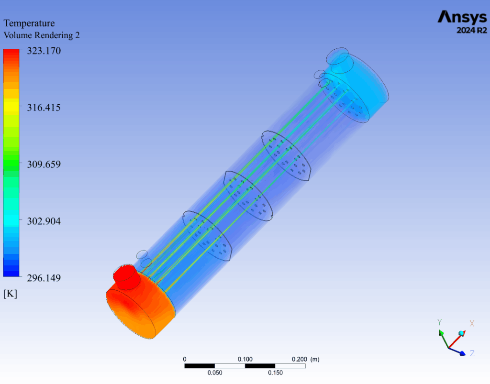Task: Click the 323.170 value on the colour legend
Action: tap(44, 51)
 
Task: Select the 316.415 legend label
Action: tap(44, 108)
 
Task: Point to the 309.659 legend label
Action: tap(44, 164)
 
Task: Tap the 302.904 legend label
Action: tap(44, 221)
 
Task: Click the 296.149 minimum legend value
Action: tap(44, 278)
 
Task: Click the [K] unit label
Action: tap(10, 294)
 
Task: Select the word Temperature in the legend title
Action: tap(29, 23)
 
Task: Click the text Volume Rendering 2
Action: tap(42, 35)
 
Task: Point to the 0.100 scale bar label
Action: tap(245, 359)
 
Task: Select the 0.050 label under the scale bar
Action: tap(215, 373)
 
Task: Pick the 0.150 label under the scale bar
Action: tap(275, 373)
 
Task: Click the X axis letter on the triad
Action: tap(472, 323)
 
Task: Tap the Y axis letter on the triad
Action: tap(439, 322)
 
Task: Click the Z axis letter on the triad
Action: tap(472, 353)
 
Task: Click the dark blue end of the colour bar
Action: tap(11, 273)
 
